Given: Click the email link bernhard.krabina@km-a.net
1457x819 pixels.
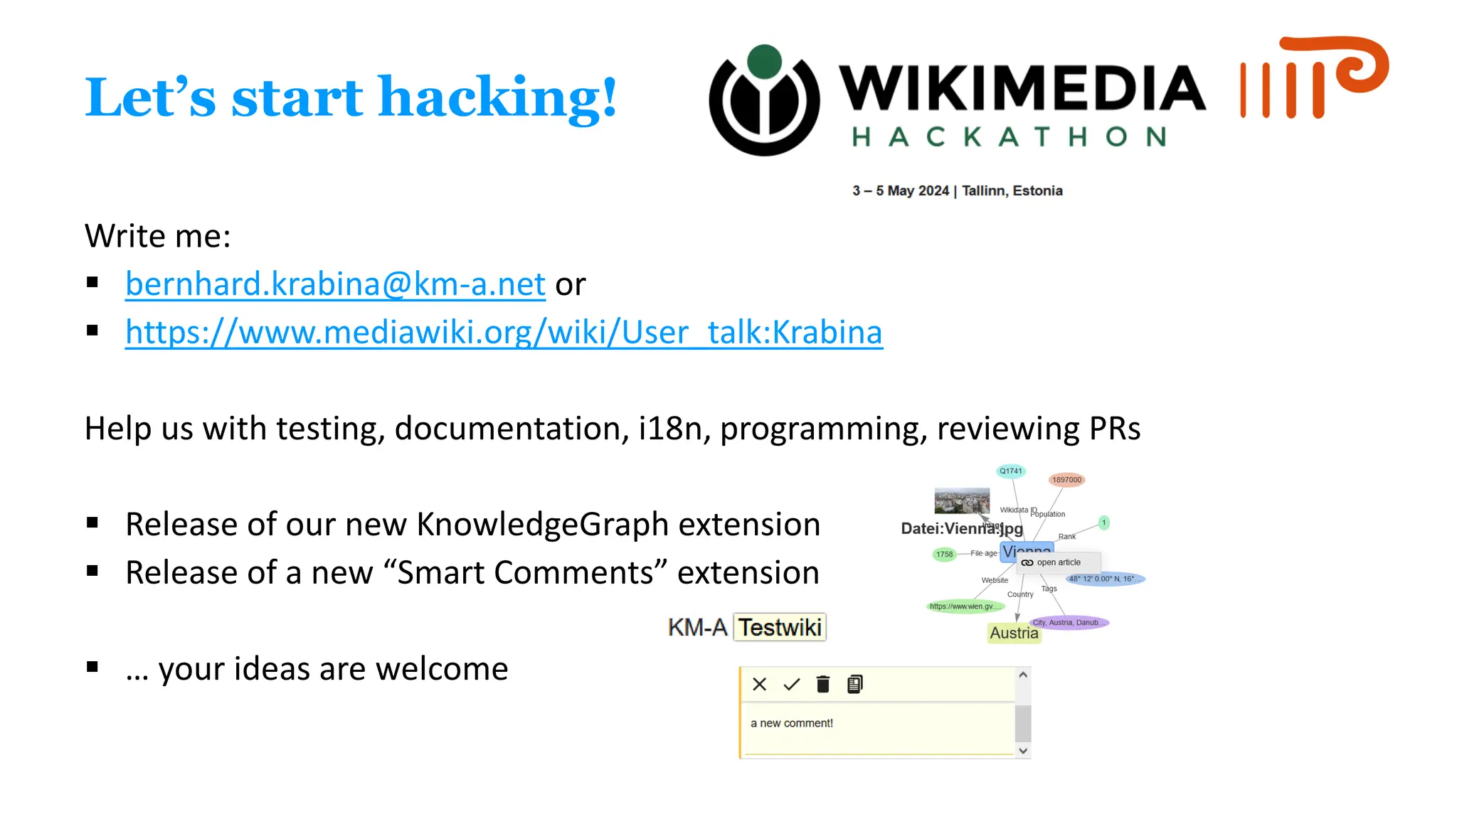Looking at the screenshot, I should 335,284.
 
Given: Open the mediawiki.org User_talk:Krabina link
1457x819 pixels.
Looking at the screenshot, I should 504,332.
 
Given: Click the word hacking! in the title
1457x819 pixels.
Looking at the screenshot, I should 497,97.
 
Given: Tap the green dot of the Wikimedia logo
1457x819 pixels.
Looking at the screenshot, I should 765,62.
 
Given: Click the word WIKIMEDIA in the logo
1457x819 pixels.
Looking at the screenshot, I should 1022,89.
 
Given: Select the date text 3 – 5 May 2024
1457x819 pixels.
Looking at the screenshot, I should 901,191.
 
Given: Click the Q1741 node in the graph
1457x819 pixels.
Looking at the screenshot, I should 1010,471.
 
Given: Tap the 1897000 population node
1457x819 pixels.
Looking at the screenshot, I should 1066,480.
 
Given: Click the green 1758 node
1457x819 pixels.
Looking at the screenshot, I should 944,554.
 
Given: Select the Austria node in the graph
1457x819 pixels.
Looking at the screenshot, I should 1014,633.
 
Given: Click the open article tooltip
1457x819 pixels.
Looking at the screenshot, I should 1058,562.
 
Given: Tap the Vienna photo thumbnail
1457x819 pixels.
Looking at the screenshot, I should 961,500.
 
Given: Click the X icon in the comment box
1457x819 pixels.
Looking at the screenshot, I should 759,684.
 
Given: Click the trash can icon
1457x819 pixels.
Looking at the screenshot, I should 823,684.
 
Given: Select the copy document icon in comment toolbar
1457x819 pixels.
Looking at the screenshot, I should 855,684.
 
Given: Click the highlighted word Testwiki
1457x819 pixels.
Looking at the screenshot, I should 780,628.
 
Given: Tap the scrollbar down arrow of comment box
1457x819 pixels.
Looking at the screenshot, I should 1023,751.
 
